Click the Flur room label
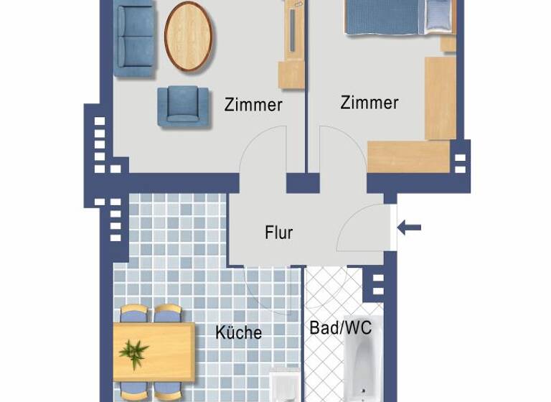pyautogui.click(x=279, y=233)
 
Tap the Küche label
pyautogui.click(x=239, y=332)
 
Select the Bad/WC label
pyautogui.click(x=340, y=328)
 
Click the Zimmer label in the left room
pyautogui.click(x=253, y=105)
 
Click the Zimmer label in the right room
pyautogui.click(x=369, y=103)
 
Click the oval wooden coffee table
pyautogui.click(x=189, y=36)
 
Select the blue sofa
pyautogui.click(x=136, y=40)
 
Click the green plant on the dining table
pyautogui.click(x=134, y=352)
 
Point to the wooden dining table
pyautogui.click(x=154, y=352)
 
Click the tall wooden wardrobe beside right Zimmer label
pyautogui.click(x=440, y=97)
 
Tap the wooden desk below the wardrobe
pyautogui.click(x=408, y=156)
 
